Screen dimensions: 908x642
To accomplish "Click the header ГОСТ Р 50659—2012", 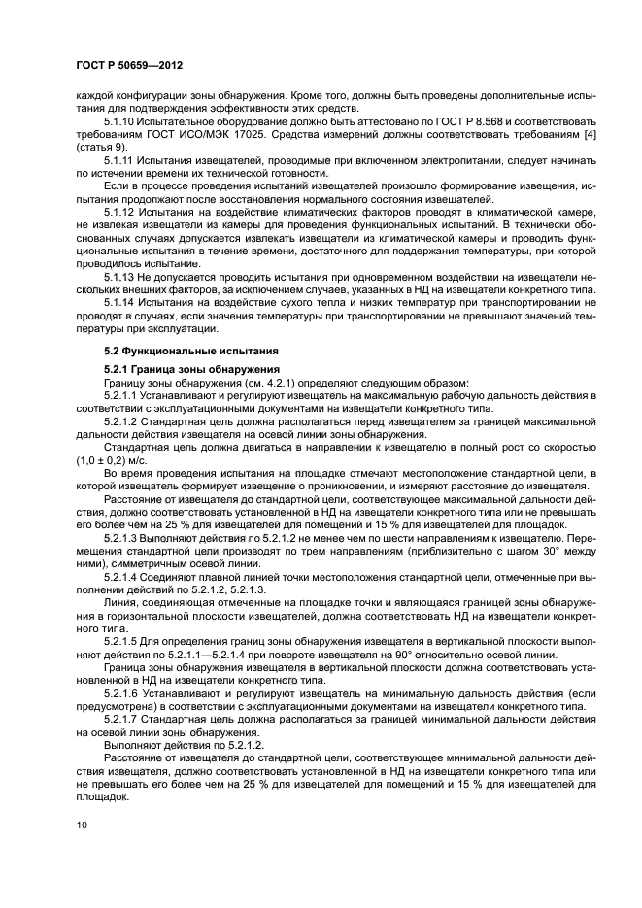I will coord(129,65).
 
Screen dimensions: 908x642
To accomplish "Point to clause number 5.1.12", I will coord(119,211).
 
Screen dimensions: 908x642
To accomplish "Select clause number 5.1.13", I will coord(119,275).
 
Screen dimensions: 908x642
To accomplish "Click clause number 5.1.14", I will coord(119,301).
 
